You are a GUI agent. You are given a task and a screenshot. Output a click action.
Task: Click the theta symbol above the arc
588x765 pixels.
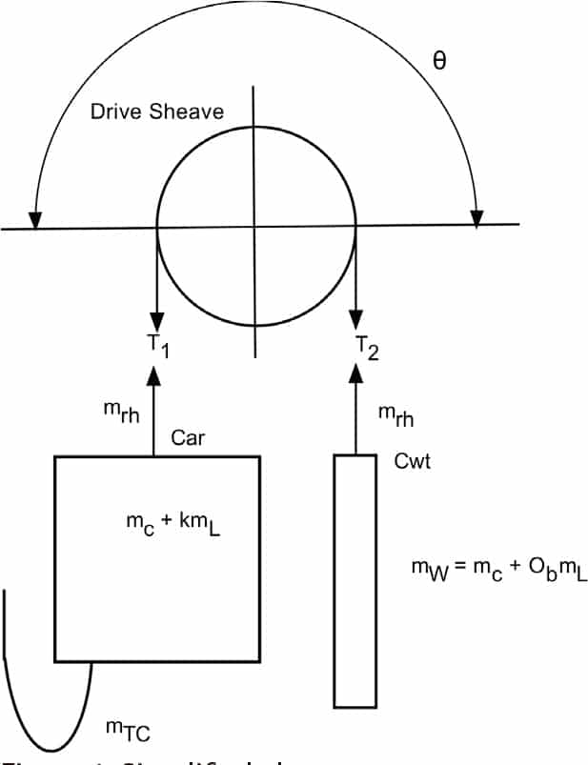click(439, 61)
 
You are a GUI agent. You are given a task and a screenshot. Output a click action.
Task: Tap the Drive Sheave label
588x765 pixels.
click(157, 111)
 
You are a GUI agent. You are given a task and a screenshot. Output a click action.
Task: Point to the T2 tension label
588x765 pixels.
click(367, 348)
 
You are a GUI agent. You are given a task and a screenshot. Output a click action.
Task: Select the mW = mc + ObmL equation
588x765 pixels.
click(498, 569)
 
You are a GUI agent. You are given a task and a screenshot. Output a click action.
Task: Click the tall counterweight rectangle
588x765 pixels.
click(355, 580)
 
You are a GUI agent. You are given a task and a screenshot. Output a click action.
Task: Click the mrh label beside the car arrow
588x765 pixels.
click(120, 410)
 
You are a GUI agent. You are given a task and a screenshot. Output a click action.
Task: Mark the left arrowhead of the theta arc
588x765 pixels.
click(35, 220)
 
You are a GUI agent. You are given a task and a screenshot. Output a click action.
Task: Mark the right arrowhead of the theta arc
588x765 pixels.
click(477, 218)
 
